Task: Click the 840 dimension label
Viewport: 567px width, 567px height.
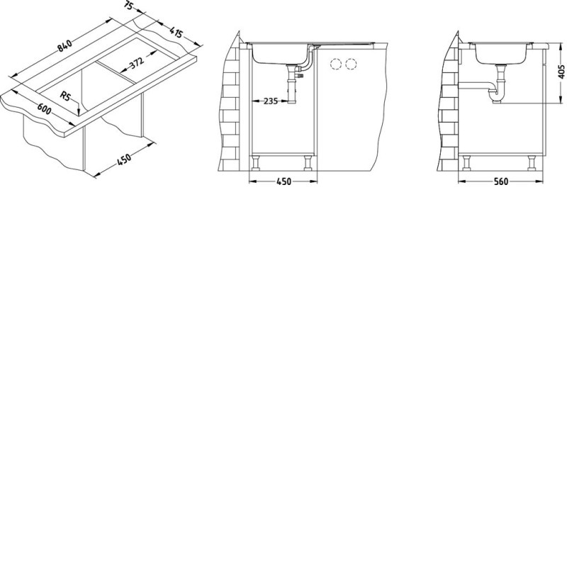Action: [64, 45]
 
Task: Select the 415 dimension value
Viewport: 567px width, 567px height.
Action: [176, 33]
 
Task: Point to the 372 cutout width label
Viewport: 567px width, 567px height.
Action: [137, 62]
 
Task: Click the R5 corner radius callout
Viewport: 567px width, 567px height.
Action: [65, 96]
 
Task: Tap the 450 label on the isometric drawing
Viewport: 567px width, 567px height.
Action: [124, 159]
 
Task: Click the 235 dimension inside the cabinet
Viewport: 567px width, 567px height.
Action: [271, 101]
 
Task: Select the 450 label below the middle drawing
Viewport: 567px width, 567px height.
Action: [283, 181]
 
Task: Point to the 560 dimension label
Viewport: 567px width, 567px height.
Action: [501, 181]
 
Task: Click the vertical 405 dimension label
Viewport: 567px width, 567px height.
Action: [561, 72]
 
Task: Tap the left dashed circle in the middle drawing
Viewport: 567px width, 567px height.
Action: [336, 64]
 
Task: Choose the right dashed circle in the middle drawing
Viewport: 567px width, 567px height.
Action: [351, 64]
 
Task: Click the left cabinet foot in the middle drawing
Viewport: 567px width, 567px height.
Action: [256, 163]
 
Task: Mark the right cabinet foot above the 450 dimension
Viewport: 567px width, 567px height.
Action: [308, 163]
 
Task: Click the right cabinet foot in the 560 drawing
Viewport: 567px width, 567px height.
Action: [532, 163]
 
